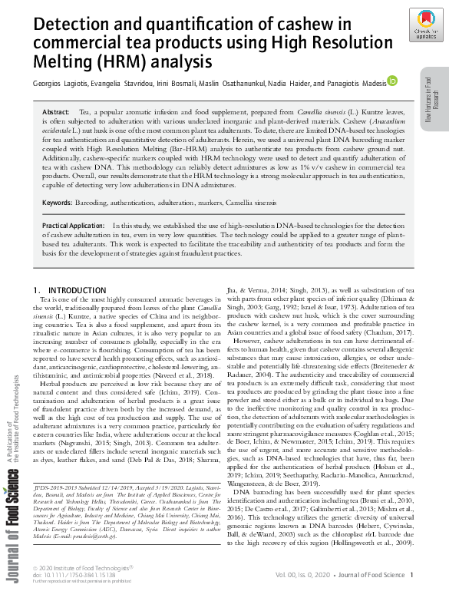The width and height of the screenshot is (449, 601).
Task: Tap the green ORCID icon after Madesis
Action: click(x=391, y=80)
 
